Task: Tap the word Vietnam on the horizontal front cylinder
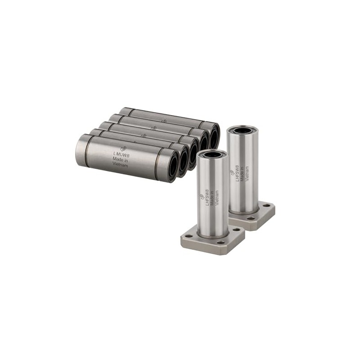pyautogui.click(x=120, y=166)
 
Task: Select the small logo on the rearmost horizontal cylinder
pyautogui.click(x=164, y=120)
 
